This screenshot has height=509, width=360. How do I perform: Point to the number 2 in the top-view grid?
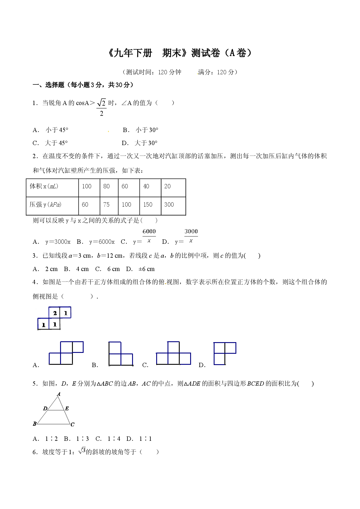[x=55, y=313]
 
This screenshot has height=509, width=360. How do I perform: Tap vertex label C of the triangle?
[x=73, y=425]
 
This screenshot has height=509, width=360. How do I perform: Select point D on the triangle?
[x=48, y=410]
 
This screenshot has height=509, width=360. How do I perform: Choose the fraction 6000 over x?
[x=149, y=236]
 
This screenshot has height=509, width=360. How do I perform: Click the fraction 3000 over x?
[x=191, y=236]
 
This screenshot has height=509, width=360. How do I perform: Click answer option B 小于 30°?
[x=141, y=130]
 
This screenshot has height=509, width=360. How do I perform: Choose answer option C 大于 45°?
[x=50, y=143]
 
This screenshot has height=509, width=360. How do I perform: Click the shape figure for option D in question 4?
[x=225, y=353]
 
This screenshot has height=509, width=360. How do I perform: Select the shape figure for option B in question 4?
[x=121, y=354]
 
